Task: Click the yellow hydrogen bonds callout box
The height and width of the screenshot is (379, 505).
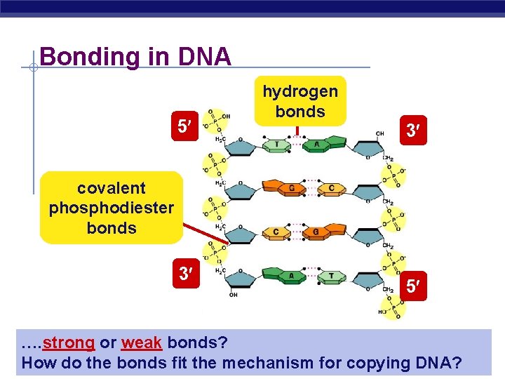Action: coord(300,101)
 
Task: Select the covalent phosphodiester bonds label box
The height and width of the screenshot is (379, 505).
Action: coord(112,208)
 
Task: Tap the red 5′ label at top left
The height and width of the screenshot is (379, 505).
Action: coord(184,126)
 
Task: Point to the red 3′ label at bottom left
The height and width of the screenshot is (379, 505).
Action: coord(185,273)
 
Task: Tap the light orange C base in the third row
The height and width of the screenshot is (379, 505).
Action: coord(276,232)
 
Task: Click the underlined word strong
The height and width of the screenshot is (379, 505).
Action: coord(68,343)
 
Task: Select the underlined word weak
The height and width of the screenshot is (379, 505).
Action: coord(142,343)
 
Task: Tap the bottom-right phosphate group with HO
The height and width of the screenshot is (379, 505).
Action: coord(393,307)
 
